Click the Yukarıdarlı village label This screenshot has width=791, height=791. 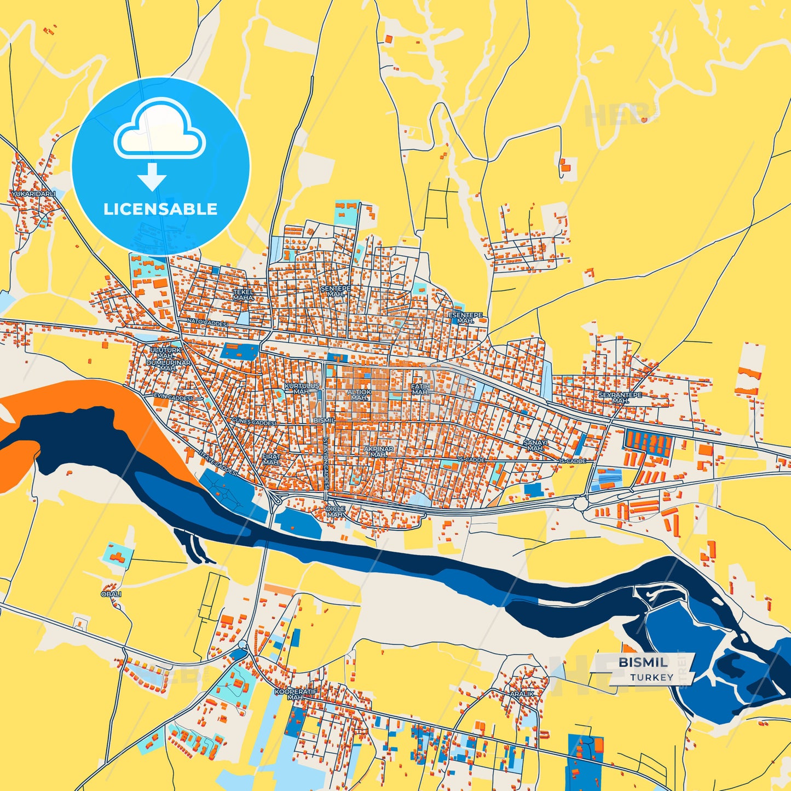tap(33, 194)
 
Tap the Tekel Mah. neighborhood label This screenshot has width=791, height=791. tap(244, 295)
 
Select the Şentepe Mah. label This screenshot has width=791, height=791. tap(336, 291)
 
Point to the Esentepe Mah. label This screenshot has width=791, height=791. tap(466, 318)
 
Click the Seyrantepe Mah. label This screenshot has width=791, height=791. tap(620, 397)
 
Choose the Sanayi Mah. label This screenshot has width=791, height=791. tap(535, 445)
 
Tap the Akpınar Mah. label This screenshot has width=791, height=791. tap(378, 452)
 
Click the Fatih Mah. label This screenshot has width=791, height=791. tap(420, 389)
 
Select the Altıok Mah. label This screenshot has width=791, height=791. tap(359, 395)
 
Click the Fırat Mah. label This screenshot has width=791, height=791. tap(271, 459)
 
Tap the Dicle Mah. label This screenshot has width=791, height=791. tap(336, 511)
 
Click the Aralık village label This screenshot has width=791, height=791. tap(522, 694)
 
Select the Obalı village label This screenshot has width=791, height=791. tap(111, 594)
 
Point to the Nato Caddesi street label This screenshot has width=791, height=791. tap(207, 323)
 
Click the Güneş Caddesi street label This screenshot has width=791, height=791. tap(254, 422)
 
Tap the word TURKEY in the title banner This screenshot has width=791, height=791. tap(651, 677)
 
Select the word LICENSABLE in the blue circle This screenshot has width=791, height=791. tap(160, 209)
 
